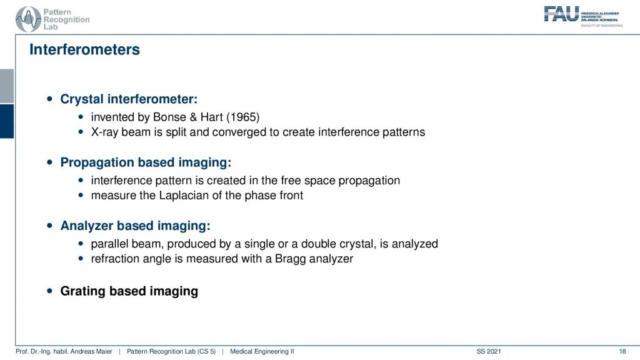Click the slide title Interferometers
click(84, 49)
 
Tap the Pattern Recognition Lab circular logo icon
click(28, 19)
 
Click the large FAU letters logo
click(561, 14)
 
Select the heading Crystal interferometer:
click(129, 99)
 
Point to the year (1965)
click(243, 117)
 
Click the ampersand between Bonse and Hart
click(193, 117)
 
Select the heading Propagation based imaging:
click(146, 162)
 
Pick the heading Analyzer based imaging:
click(136, 226)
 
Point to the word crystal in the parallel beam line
click(357, 244)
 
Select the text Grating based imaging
click(129, 291)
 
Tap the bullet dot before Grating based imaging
click(50, 291)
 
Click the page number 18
click(622, 351)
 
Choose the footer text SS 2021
click(489, 351)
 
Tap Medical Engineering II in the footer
click(262, 351)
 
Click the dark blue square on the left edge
click(7, 121)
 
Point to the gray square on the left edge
click(7, 86)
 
